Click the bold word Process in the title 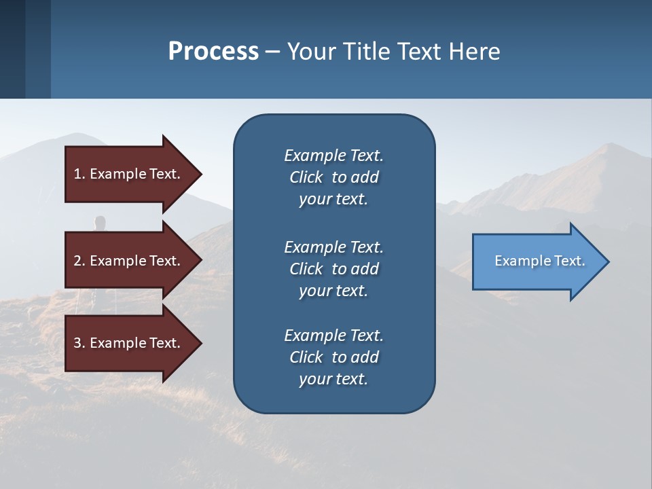tap(213, 51)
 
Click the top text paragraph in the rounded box tap(333, 177)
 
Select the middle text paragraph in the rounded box tap(333, 268)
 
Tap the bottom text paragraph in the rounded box tap(333, 357)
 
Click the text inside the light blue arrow tap(539, 261)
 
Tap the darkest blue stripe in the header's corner tap(12, 49)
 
